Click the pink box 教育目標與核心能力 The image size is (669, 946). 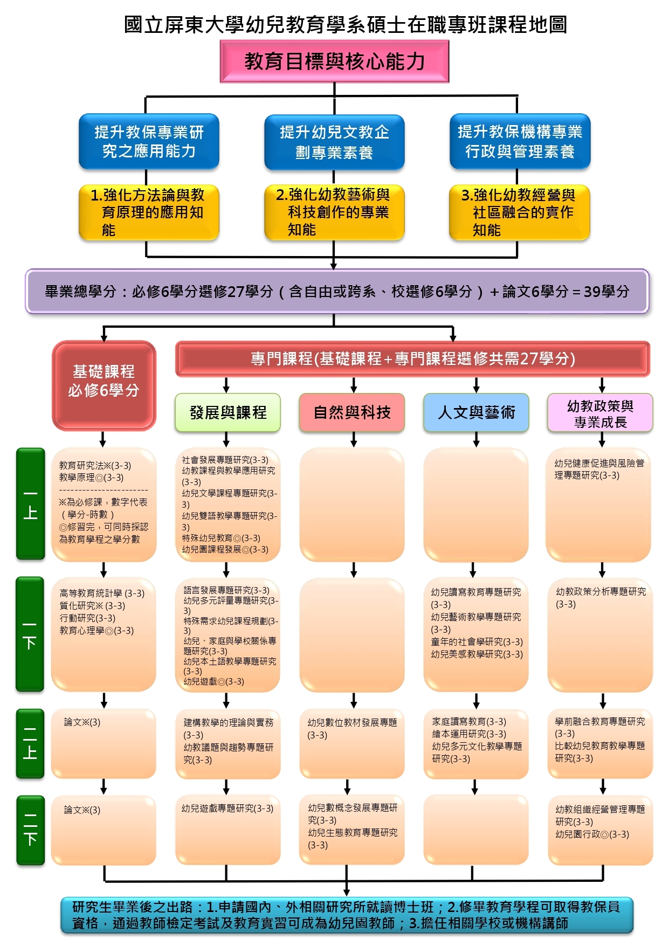pyautogui.click(x=334, y=61)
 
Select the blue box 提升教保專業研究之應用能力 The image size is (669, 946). pyautogui.click(x=149, y=141)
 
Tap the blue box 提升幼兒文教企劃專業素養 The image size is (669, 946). pyautogui.click(x=334, y=142)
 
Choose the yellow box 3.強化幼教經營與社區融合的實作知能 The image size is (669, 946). pyautogui.click(x=519, y=212)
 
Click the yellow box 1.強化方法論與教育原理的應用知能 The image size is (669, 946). pyautogui.click(x=149, y=212)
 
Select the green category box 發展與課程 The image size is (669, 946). pyautogui.click(x=227, y=412)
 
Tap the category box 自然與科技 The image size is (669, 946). pyautogui.click(x=352, y=412)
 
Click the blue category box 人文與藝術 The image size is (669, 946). pyautogui.click(x=476, y=412)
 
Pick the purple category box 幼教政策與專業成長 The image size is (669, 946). pyautogui.click(x=600, y=413)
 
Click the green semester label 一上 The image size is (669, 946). pyautogui.click(x=30, y=504)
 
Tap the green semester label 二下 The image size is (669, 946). pyautogui.click(x=30, y=830)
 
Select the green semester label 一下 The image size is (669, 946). pyautogui.click(x=30, y=634)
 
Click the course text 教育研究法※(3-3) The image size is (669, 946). pyautogui.click(x=95, y=465)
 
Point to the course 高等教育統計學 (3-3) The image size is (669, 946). pyautogui.click(x=102, y=593)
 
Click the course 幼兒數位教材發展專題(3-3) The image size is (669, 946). pyautogui.click(x=351, y=728)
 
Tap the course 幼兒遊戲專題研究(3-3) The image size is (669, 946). pyautogui.click(x=227, y=809)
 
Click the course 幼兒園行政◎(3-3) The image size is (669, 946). pyautogui.click(x=592, y=834)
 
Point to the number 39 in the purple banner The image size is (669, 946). pyautogui.click(x=592, y=292)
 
